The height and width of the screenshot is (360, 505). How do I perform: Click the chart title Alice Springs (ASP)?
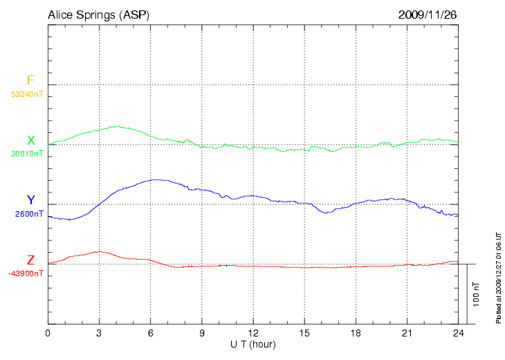(x=98, y=15)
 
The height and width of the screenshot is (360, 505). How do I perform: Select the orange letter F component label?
(x=30, y=81)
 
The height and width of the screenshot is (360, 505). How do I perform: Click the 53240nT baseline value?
(x=28, y=93)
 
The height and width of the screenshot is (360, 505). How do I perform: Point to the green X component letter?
(x=30, y=141)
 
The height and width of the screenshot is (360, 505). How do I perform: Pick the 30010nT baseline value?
(x=28, y=154)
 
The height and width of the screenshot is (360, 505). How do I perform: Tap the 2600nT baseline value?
(x=29, y=214)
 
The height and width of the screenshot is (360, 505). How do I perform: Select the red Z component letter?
(x=30, y=260)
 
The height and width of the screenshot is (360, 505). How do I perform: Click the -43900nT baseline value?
(x=26, y=273)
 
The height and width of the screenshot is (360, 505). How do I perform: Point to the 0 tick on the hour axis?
(x=48, y=333)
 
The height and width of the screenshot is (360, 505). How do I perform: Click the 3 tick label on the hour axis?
(x=100, y=333)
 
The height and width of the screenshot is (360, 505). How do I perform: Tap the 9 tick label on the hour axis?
(x=202, y=333)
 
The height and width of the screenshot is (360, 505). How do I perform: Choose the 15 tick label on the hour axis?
(x=304, y=333)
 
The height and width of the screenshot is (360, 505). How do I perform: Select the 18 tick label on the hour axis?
(x=356, y=333)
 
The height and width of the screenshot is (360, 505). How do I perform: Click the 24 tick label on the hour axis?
(x=458, y=333)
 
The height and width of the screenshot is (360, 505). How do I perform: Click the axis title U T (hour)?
(x=253, y=344)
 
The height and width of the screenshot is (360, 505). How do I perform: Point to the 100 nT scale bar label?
(x=476, y=294)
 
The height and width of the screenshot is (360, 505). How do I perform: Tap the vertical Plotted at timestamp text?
(x=497, y=277)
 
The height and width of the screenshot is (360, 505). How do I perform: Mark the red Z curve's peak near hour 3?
(x=100, y=251)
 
